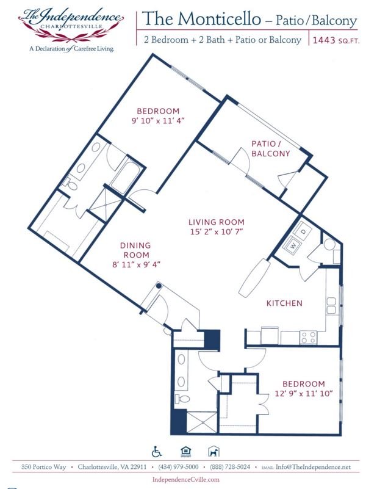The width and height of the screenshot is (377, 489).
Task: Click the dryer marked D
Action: tap(304, 231)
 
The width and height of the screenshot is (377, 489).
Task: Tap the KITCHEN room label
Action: tap(284, 303)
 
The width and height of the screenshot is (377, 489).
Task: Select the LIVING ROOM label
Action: tap(216, 222)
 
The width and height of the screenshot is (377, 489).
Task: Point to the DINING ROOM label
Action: tap(136, 250)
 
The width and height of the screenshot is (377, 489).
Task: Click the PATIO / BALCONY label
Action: tap(270, 148)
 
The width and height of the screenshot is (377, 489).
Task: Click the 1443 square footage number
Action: tap(324, 40)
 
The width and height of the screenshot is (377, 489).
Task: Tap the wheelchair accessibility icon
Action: tap(157, 451)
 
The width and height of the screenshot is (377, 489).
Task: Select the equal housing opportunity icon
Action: tap(185, 451)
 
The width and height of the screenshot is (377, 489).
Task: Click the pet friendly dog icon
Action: tap(214, 451)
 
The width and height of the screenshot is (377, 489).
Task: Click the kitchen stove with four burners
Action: tap(309, 337)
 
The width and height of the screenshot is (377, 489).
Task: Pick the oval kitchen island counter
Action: tap(254, 278)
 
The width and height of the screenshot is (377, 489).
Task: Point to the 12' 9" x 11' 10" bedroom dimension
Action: tap(304, 394)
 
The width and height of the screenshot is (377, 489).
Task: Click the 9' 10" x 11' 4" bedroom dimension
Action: tap(158, 121)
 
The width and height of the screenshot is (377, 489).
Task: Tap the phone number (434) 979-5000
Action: tap(178, 467)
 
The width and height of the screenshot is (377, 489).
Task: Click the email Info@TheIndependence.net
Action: tap(313, 467)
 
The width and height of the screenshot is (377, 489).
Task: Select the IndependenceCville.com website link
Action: tap(186, 479)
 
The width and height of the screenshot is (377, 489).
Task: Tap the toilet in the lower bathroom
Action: tap(182, 399)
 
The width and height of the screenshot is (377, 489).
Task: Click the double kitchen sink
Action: tap(331, 306)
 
